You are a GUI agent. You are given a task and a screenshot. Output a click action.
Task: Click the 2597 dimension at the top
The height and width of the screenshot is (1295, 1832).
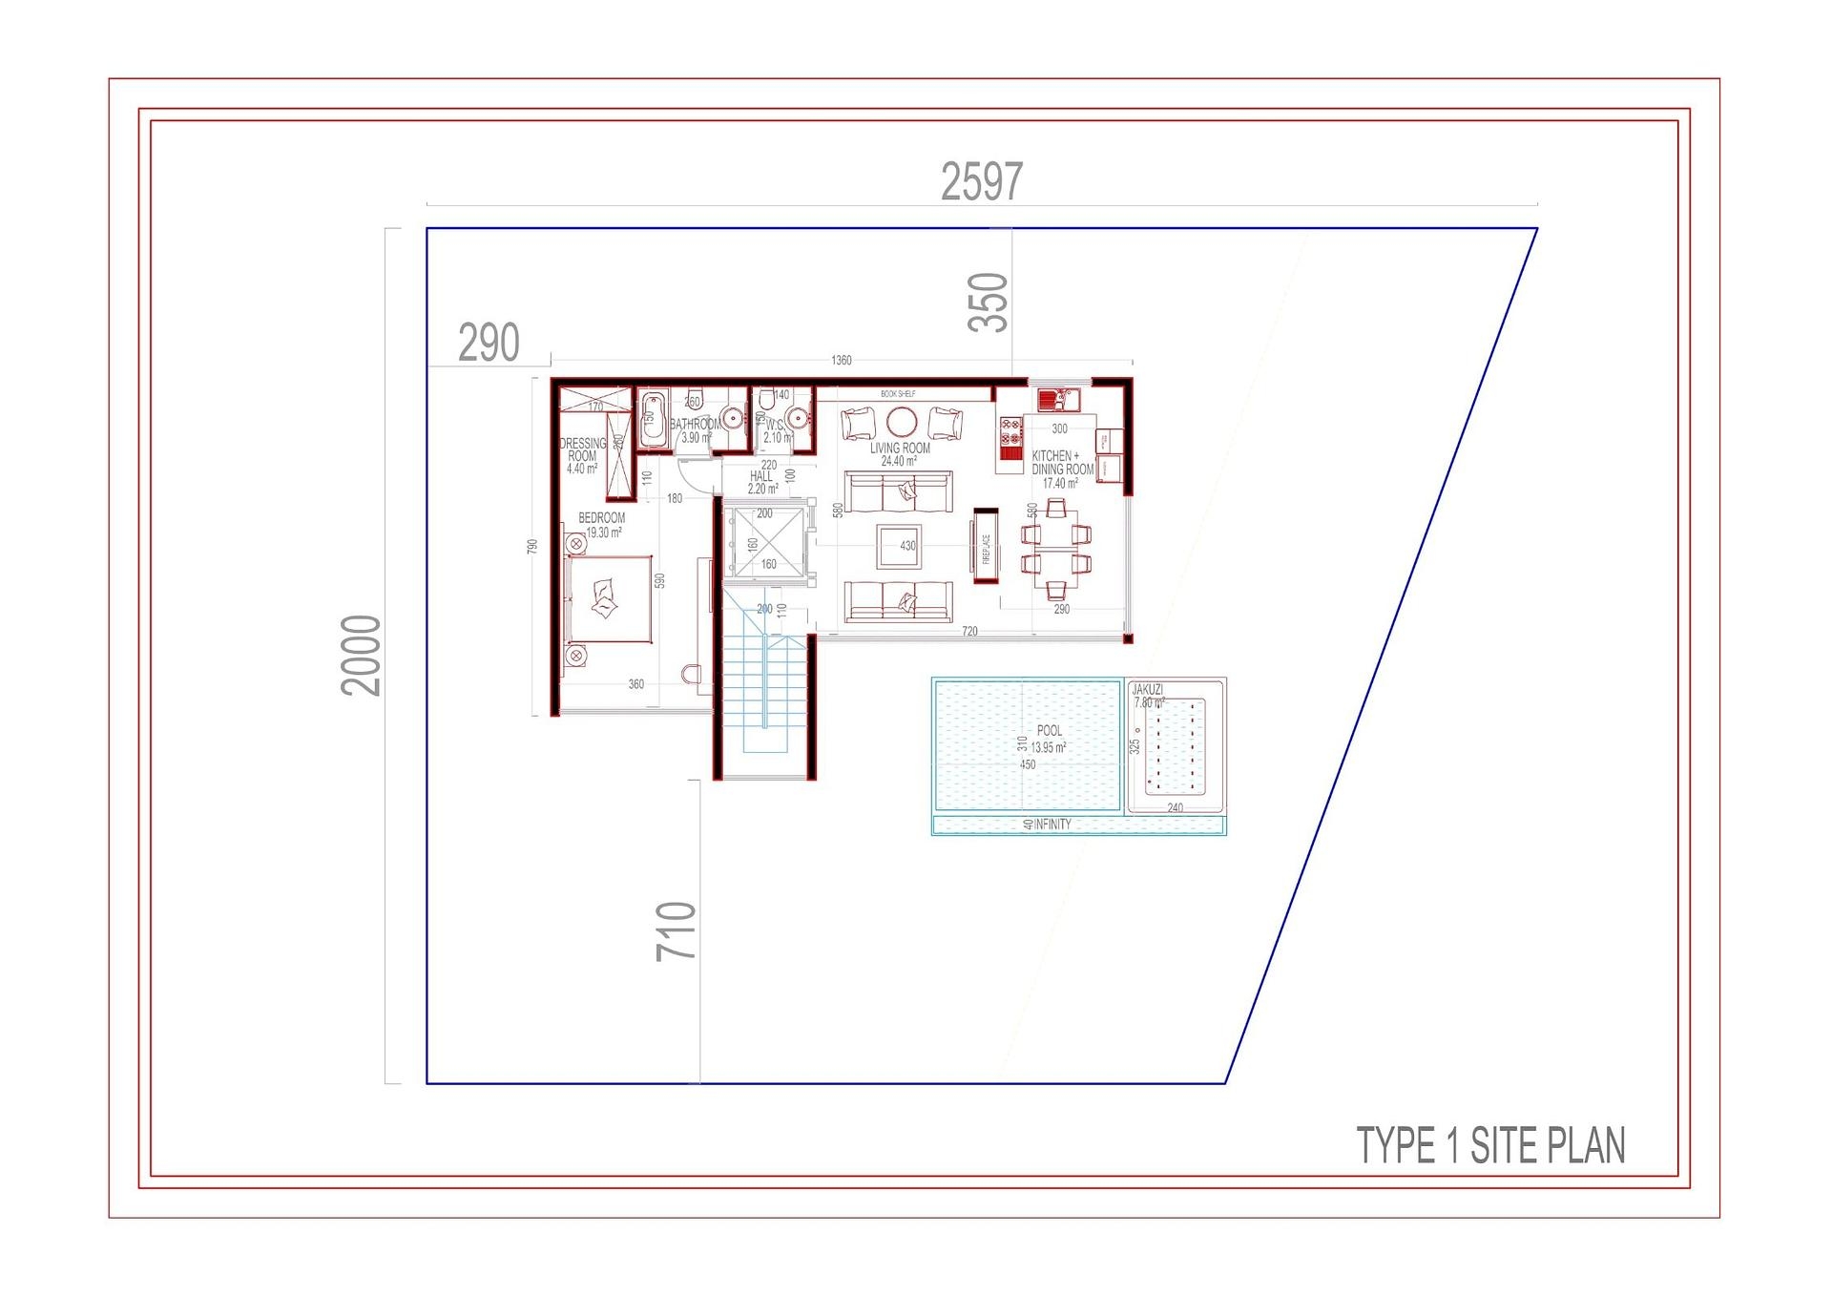[981, 181]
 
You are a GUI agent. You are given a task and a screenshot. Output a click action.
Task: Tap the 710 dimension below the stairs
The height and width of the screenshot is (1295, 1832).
[676, 930]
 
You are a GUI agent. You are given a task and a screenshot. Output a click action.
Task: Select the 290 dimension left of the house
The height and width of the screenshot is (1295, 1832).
[489, 343]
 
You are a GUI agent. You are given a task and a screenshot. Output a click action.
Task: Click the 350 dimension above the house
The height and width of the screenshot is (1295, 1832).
[988, 303]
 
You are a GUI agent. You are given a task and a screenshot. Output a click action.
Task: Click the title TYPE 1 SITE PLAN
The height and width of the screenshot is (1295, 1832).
[1490, 1145]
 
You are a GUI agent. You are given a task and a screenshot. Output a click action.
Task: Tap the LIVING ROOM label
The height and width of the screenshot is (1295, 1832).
[899, 449]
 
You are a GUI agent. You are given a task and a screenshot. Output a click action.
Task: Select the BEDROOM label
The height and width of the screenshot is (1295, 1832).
[601, 518]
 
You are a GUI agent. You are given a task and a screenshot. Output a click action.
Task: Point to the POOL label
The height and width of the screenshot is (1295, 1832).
[1049, 731]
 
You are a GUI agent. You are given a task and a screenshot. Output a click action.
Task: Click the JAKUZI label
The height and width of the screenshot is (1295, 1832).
[1147, 689]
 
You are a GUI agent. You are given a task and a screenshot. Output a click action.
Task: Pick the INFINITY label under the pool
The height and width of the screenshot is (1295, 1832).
[1052, 825]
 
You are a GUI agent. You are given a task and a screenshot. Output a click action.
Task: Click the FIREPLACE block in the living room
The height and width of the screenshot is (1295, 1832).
[986, 547]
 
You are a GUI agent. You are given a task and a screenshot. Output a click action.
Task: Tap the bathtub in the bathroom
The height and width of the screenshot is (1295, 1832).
[651, 420]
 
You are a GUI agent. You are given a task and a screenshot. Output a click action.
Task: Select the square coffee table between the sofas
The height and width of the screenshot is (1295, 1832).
[899, 546]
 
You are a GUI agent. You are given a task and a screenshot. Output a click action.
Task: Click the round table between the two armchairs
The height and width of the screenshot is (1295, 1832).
[901, 421]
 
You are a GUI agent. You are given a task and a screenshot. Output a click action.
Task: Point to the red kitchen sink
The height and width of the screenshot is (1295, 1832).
[1058, 399]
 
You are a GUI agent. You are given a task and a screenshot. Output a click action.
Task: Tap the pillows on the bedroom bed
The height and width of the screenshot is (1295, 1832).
[604, 601]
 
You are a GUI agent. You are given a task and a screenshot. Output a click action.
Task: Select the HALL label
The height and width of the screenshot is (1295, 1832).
[760, 476]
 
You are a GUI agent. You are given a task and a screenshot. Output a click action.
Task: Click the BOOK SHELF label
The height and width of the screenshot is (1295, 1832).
[897, 394]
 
